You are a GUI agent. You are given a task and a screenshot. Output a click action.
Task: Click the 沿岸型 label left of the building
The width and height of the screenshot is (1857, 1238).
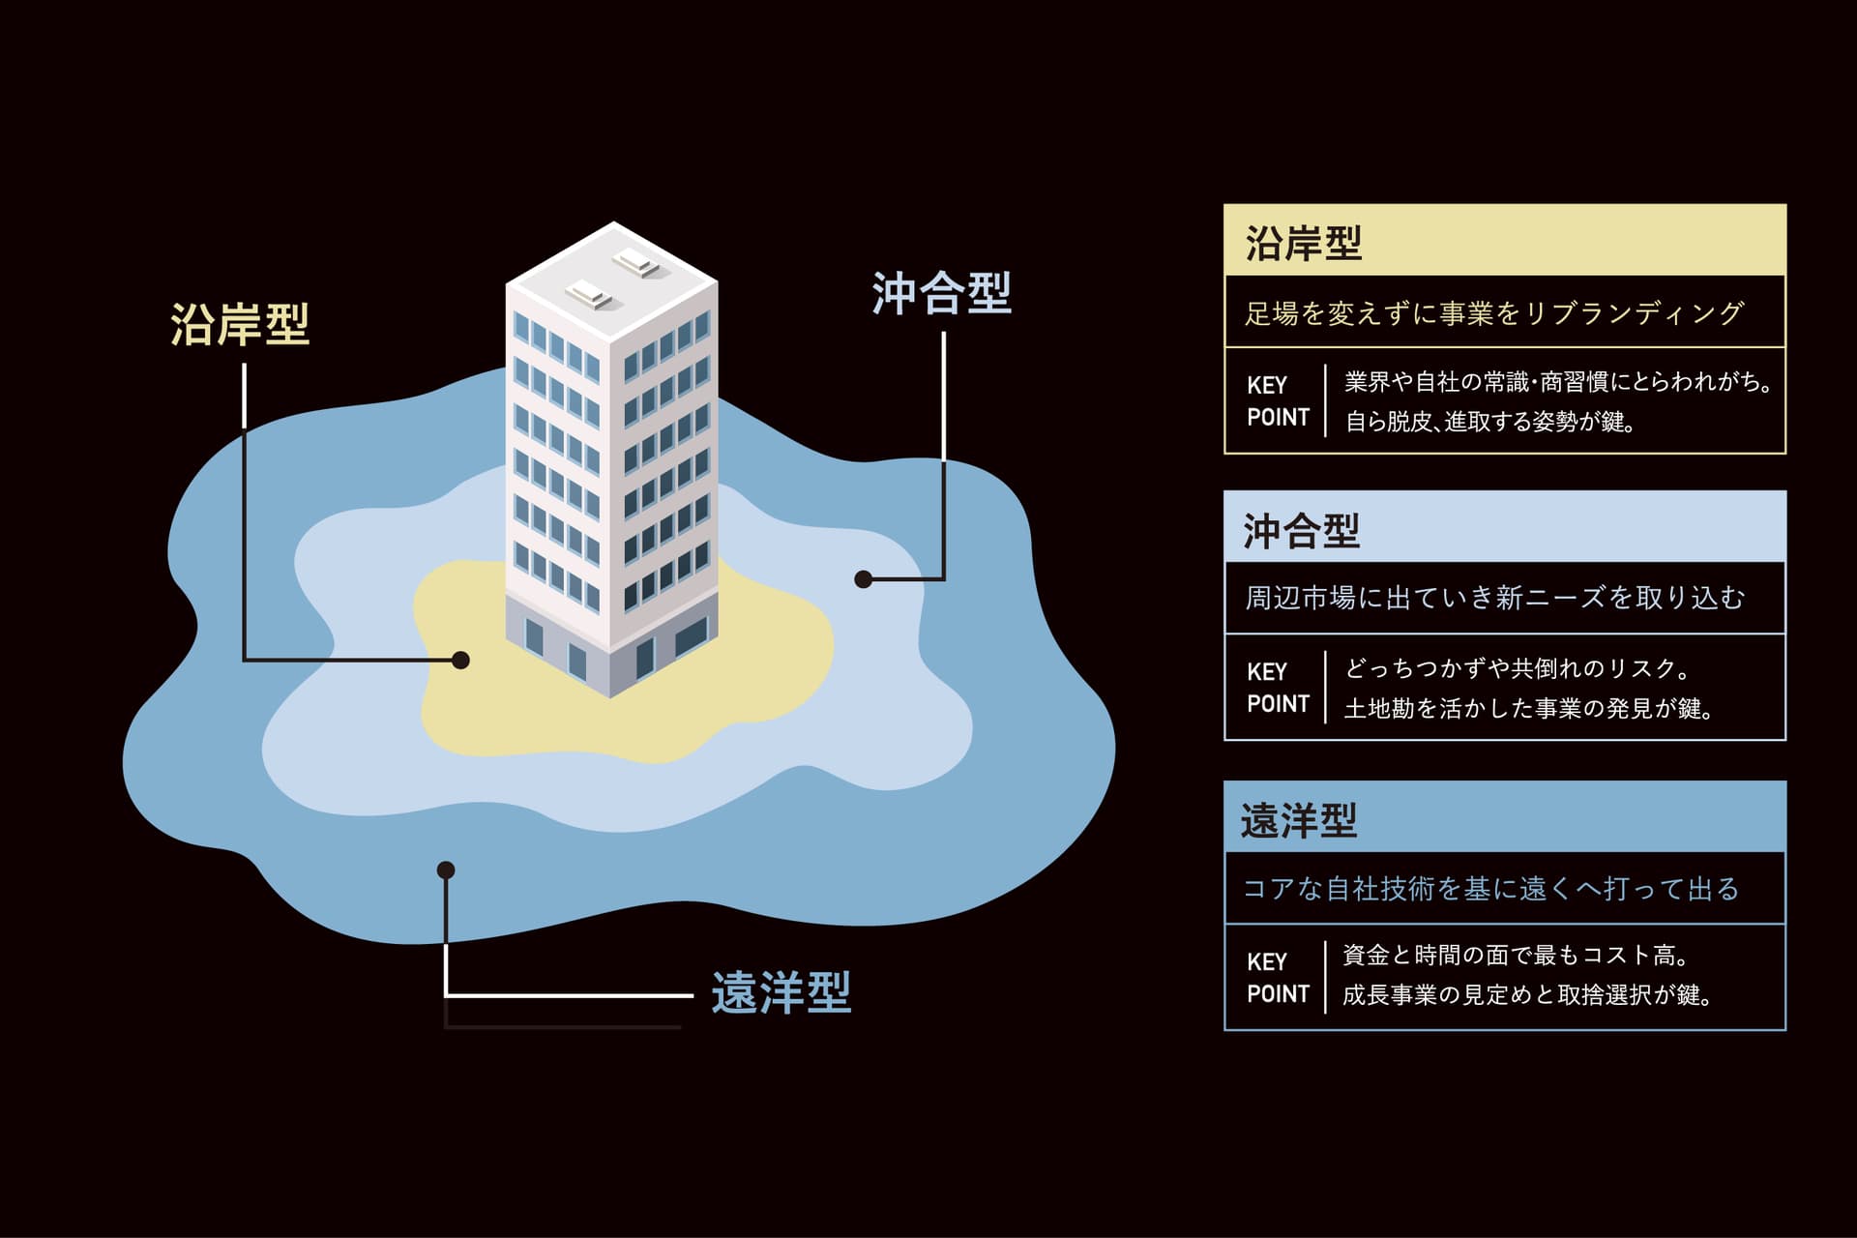tap(240, 325)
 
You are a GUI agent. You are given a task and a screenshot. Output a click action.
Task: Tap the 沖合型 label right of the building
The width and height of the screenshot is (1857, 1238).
tap(941, 294)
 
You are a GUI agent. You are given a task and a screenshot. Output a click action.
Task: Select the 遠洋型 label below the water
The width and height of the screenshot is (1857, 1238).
tap(781, 993)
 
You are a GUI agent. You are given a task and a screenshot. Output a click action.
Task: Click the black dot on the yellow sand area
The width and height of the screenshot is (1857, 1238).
tap(461, 661)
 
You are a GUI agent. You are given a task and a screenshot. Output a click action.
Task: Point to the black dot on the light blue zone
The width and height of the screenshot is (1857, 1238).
tap(864, 579)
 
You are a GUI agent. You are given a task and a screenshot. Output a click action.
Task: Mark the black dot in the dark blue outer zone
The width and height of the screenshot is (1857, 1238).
tap(446, 870)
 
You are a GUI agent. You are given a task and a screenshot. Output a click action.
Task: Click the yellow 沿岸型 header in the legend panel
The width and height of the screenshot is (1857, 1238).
tap(1303, 243)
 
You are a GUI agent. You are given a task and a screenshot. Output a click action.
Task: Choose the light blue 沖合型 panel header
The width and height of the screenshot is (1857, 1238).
tap(1301, 531)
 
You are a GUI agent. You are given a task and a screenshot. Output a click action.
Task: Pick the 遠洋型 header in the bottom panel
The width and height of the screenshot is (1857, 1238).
tap(1299, 820)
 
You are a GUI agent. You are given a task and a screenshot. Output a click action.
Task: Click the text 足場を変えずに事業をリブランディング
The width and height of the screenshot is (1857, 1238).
tap(1493, 313)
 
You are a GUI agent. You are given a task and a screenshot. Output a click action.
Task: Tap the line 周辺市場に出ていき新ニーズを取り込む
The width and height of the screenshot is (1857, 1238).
tap(1494, 599)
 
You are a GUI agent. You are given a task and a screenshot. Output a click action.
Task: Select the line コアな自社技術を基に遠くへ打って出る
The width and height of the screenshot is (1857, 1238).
tap(1490, 889)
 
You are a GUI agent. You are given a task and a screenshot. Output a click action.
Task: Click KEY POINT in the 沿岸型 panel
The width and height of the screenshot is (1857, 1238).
tap(1278, 401)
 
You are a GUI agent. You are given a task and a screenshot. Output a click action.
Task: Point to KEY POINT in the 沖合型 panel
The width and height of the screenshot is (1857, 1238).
tap(1278, 688)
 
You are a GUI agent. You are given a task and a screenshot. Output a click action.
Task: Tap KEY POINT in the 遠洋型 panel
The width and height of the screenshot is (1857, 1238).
tap(1278, 978)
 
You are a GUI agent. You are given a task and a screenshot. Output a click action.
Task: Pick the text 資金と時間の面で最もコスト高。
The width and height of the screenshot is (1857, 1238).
tap(1516, 956)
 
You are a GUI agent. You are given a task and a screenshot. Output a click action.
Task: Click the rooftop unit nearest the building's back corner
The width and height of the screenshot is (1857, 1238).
tap(637, 260)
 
